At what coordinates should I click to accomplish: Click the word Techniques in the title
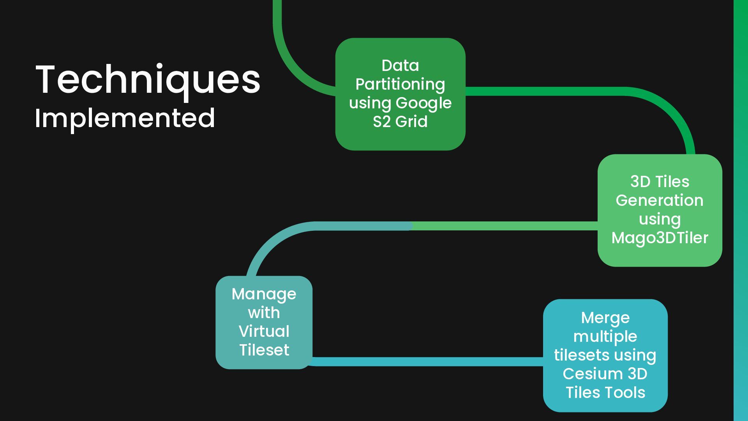[148, 80]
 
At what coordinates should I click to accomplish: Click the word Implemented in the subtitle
[125, 119]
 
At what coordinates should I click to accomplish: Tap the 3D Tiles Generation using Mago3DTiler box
[660, 255]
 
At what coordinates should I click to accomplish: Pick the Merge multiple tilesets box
[605, 405]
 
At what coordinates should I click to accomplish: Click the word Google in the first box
[423, 103]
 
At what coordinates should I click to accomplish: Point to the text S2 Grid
[400, 122]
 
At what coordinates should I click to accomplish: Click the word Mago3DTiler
[660, 238]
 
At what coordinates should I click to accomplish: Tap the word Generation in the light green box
[660, 200]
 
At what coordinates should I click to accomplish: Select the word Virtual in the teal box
[264, 331]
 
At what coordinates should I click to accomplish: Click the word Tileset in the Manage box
[264, 350]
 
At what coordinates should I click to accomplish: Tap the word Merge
[605, 318]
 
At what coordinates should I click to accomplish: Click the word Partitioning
[400, 84]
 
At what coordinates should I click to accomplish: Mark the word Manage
[264, 294]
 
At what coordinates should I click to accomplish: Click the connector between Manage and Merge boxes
[429, 362]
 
